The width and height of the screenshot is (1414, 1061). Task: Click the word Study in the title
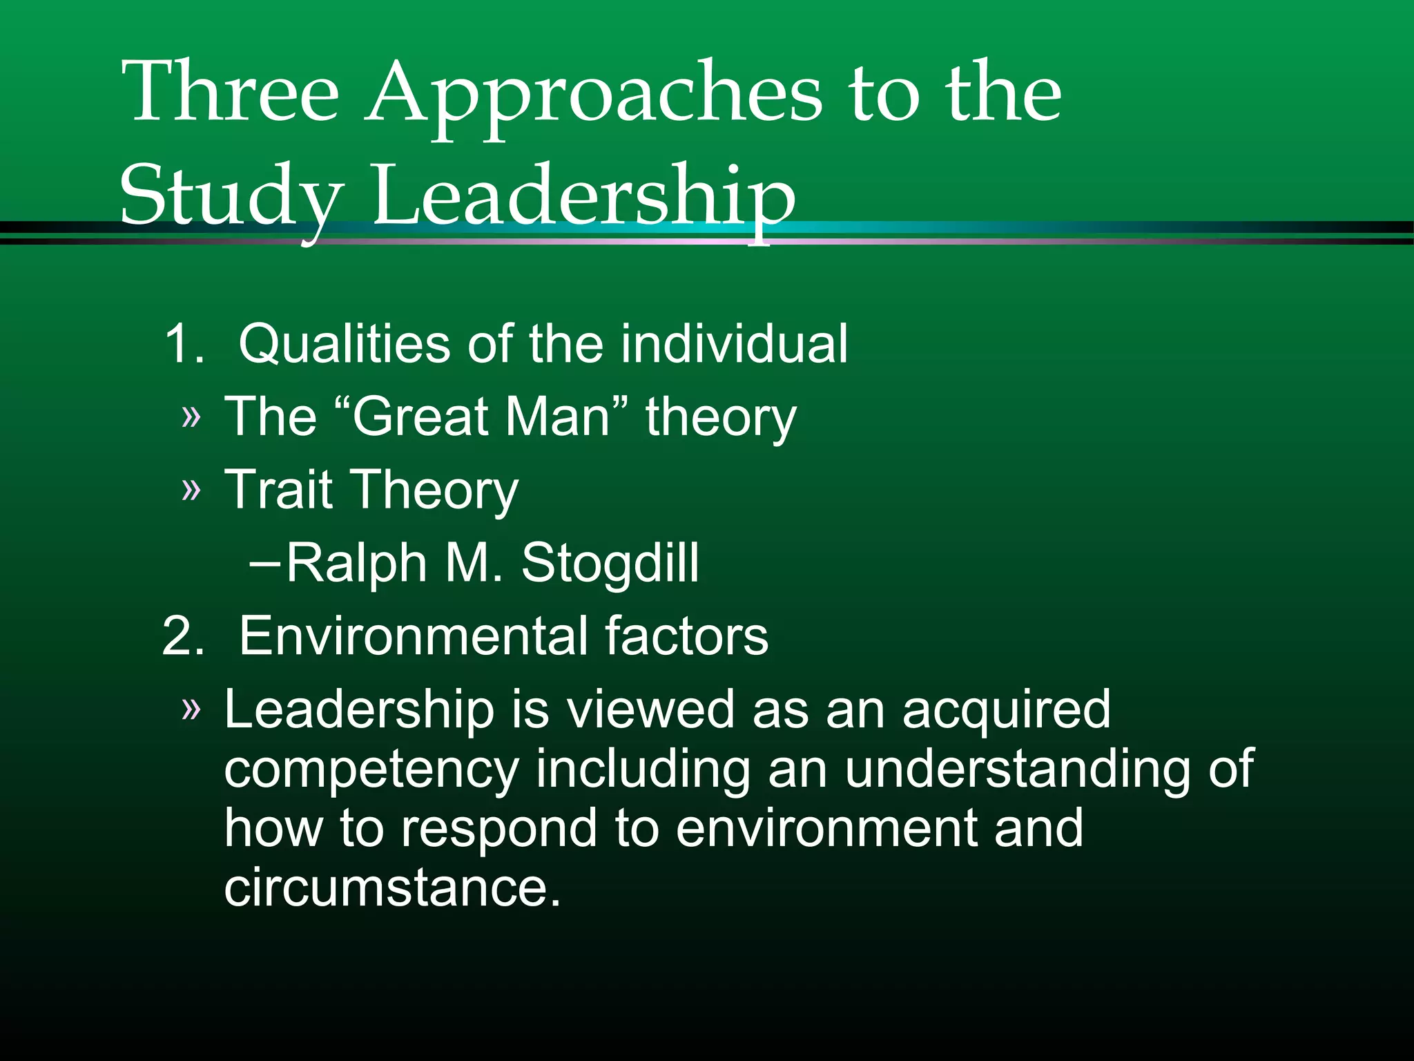click(x=231, y=197)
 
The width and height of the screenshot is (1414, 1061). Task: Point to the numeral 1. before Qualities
click(x=184, y=343)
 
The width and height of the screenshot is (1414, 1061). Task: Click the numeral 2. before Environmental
click(x=183, y=635)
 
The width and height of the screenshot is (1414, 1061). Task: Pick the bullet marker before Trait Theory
click(x=191, y=490)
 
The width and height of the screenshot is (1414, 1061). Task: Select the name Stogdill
click(x=610, y=563)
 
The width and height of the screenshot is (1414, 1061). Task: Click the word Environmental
click(x=410, y=635)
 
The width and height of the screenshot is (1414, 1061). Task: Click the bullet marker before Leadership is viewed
click(x=191, y=709)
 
